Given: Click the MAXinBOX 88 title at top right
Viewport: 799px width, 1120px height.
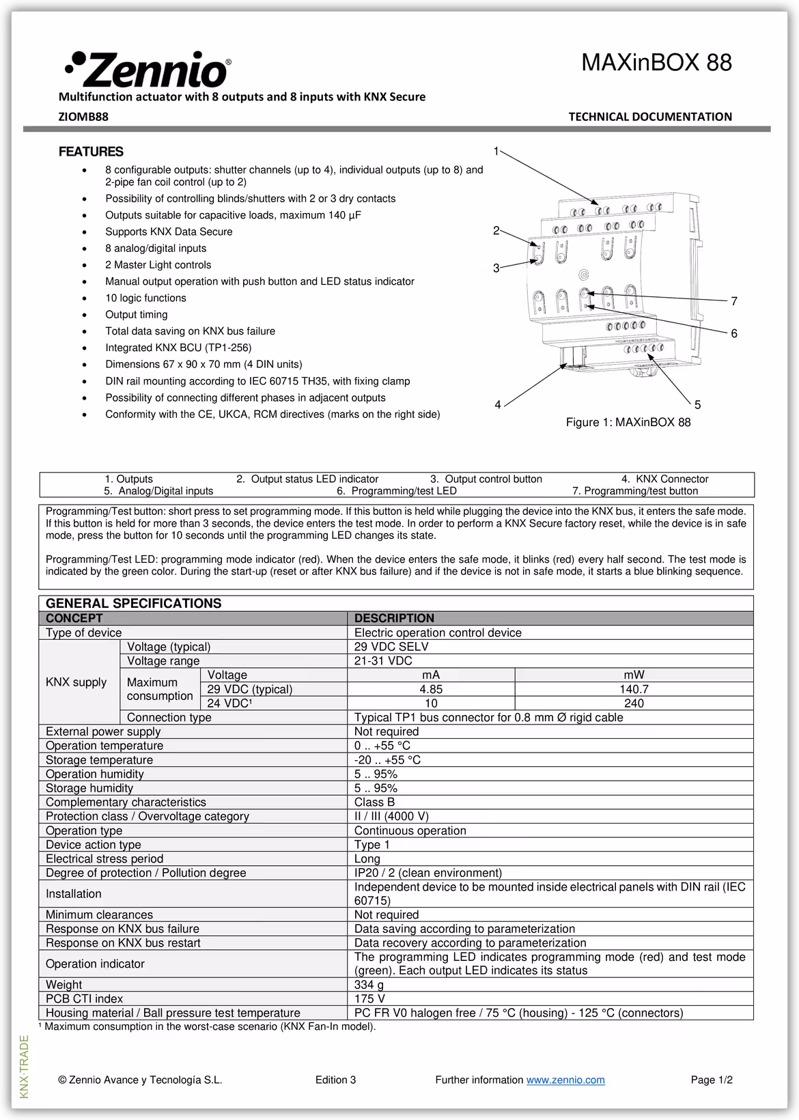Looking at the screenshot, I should pos(656,63).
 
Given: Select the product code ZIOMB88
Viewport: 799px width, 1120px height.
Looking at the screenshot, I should pos(83,117).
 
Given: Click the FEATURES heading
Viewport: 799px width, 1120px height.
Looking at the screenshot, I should pos(91,152).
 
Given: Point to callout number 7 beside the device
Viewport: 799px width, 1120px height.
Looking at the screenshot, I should pos(734,301).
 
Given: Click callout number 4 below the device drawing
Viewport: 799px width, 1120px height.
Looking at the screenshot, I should pos(498,405).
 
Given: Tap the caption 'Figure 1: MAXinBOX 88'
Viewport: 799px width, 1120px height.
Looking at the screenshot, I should pos(628,422).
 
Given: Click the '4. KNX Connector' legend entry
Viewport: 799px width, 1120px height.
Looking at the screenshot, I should pos(664,479).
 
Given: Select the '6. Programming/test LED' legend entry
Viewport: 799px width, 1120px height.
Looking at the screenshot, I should pos(396,491).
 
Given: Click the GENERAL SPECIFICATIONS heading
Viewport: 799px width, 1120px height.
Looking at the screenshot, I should pos(133,603).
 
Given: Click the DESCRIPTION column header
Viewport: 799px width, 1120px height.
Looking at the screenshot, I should pos(394,618).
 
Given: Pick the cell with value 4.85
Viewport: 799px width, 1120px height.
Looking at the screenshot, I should pos(431,689).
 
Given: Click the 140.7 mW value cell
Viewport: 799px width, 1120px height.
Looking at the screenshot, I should pos(634,689).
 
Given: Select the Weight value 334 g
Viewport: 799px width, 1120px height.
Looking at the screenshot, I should pos(369,985).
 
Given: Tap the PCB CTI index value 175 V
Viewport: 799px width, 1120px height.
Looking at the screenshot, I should pos(369,998).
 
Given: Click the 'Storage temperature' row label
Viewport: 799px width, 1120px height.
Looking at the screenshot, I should pos(99,760).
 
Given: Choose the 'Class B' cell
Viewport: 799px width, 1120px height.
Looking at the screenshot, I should pos(374,802).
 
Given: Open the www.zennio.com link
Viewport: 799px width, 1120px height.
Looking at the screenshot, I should pos(565,1080).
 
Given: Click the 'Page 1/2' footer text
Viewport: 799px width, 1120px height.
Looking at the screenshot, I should pos(712,1080).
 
